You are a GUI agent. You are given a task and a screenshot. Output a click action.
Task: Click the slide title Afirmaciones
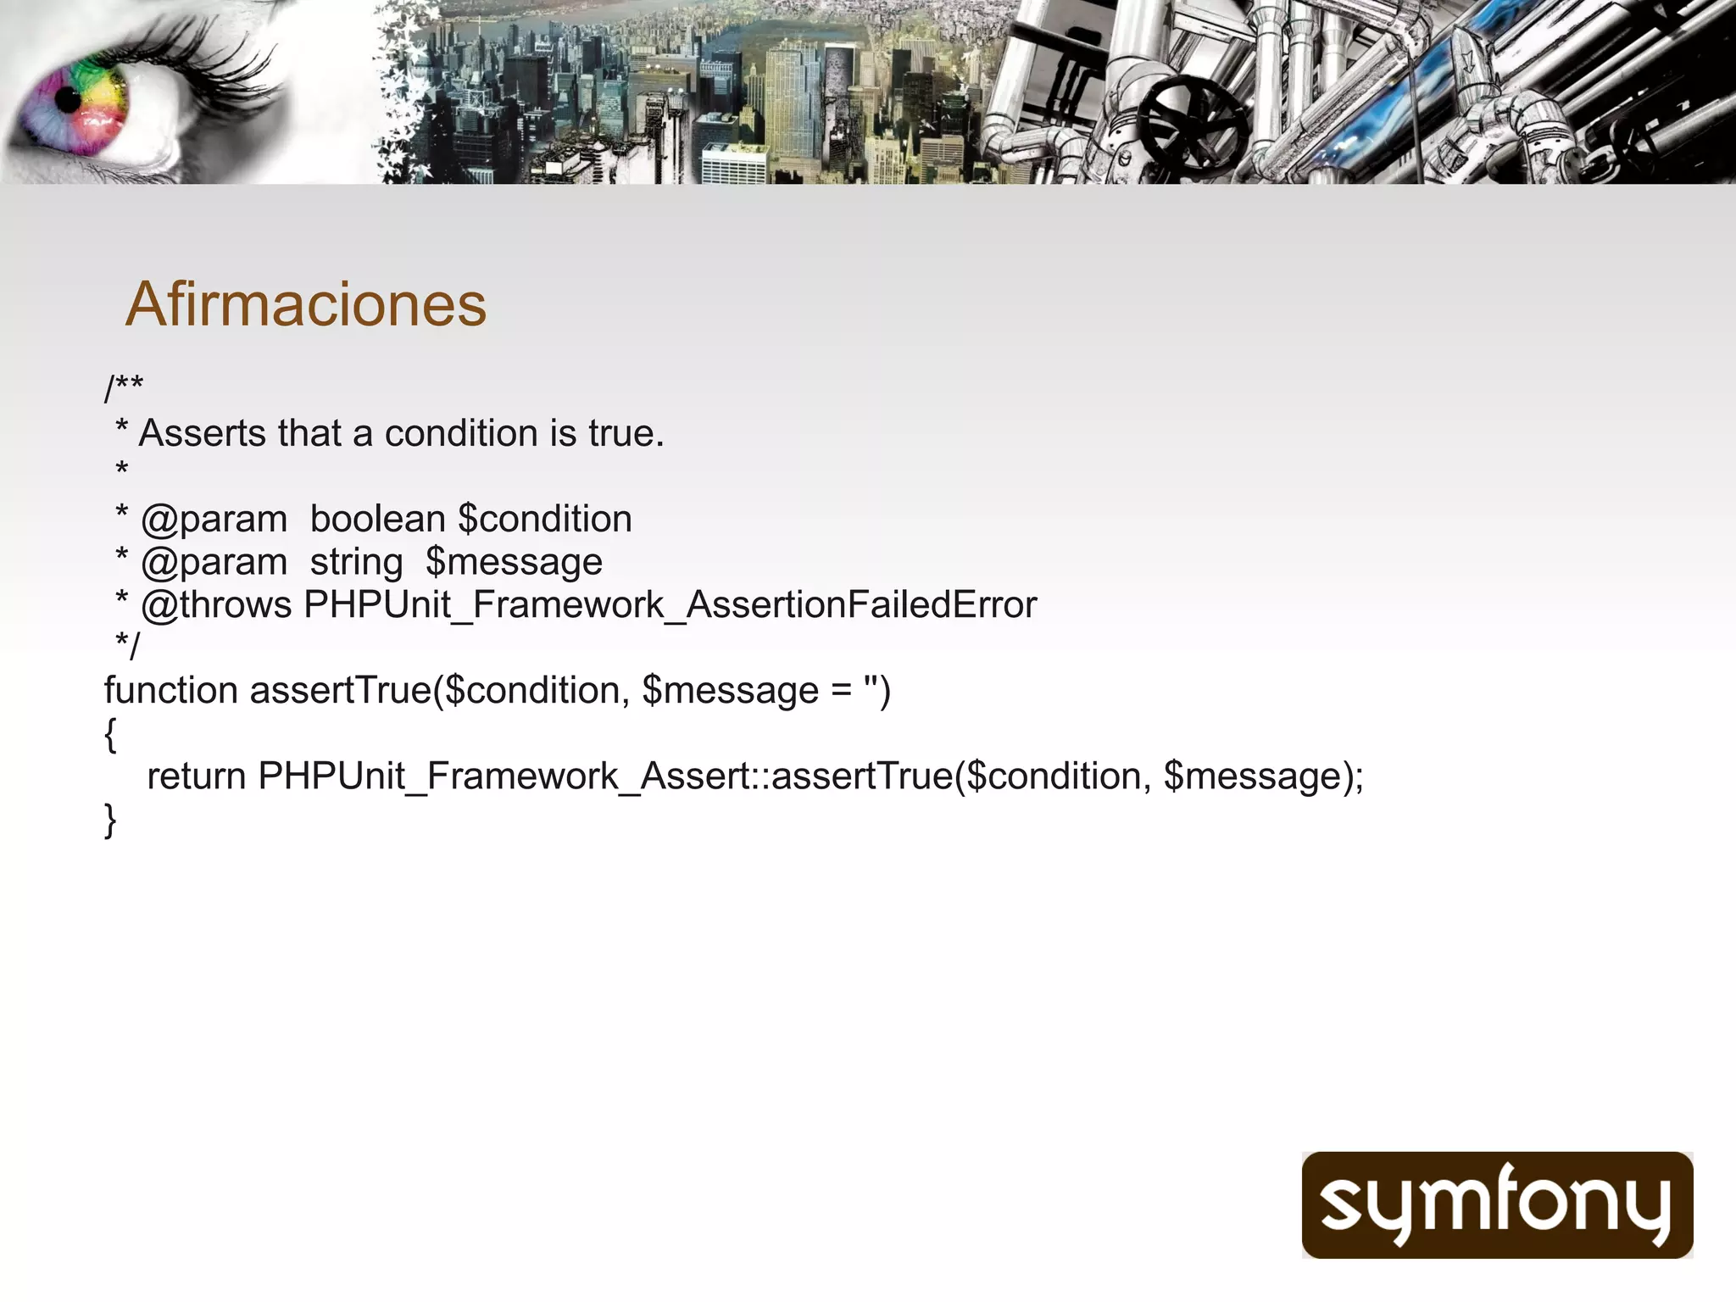click(x=306, y=304)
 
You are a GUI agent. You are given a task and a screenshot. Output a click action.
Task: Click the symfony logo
click(x=1497, y=1205)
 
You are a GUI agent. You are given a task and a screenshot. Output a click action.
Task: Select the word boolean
click(x=377, y=519)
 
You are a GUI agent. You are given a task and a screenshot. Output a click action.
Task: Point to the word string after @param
click(x=356, y=562)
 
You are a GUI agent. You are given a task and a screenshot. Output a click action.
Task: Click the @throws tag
click(x=216, y=605)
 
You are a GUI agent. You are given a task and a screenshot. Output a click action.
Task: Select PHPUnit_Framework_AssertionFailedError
click(x=670, y=605)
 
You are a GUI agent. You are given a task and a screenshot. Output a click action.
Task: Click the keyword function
click(x=170, y=690)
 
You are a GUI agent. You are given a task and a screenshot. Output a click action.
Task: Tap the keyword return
click(x=196, y=776)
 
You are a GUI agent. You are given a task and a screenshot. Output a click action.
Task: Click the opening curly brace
click(x=110, y=734)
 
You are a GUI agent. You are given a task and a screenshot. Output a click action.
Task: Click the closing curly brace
click(x=110, y=821)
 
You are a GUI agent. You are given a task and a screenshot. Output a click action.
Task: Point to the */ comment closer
click(x=127, y=646)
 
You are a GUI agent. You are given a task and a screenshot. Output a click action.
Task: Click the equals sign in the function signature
click(x=841, y=690)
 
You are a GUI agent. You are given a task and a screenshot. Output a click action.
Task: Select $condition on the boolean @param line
click(x=544, y=519)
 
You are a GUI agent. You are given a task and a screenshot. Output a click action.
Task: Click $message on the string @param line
click(x=514, y=562)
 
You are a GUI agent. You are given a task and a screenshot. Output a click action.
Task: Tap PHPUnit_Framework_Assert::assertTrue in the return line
click(x=605, y=776)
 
